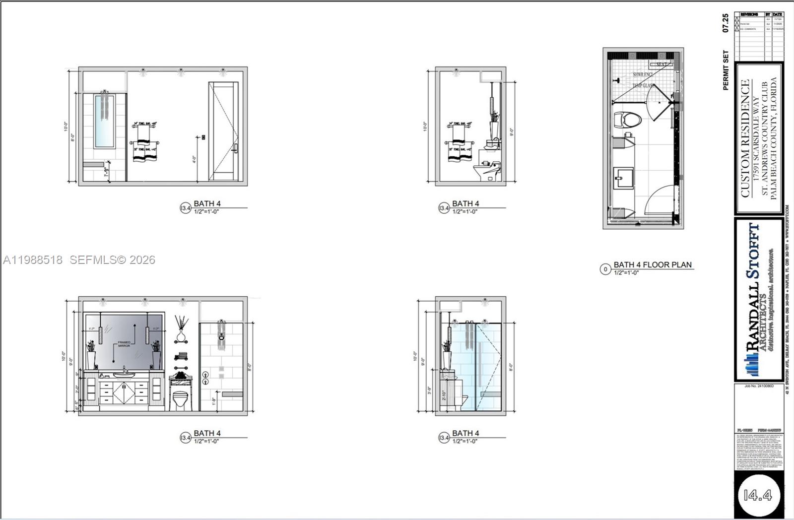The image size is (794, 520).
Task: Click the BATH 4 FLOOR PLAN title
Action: point(653,265)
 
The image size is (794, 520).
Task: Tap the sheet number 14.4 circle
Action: point(758,495)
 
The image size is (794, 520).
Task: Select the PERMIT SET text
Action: point(726,70)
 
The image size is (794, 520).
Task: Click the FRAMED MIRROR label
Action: point(124,344)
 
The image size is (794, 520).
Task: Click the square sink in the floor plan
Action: point(624,178)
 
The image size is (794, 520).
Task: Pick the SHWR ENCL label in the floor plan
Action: point(643,74)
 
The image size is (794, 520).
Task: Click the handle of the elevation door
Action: point(235,148)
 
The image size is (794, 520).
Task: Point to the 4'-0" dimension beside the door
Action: point(194,160)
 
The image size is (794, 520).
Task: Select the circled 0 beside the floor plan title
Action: point(605,269)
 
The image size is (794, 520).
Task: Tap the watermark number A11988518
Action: point(33,260)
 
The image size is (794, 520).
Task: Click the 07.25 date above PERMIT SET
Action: point(726,23)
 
